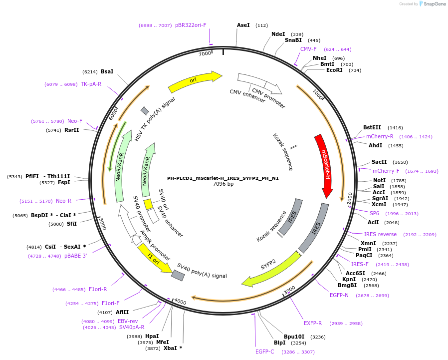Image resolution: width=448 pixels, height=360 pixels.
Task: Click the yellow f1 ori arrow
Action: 155,257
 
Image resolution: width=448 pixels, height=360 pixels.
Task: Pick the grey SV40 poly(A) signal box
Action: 178,275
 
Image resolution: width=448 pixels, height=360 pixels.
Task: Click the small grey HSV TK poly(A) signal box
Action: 145,110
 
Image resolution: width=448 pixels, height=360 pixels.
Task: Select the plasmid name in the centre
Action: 223,178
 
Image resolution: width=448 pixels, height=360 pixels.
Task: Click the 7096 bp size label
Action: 223,184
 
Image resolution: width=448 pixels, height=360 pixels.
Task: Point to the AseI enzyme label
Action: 243,25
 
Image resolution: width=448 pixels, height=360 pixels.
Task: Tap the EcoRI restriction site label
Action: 334,70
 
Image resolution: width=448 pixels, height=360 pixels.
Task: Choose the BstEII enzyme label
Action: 372,128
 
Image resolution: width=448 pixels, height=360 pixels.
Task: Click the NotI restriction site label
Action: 380,180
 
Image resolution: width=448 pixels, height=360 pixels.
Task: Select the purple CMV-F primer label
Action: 308,49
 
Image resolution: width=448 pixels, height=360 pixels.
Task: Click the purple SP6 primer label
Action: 374,213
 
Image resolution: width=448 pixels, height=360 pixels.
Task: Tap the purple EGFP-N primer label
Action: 339,295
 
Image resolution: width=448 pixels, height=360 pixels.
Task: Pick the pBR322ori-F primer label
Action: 191,25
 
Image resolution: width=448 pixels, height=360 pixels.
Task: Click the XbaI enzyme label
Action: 171,348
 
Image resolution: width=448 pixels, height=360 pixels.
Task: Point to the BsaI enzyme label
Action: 107,71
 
